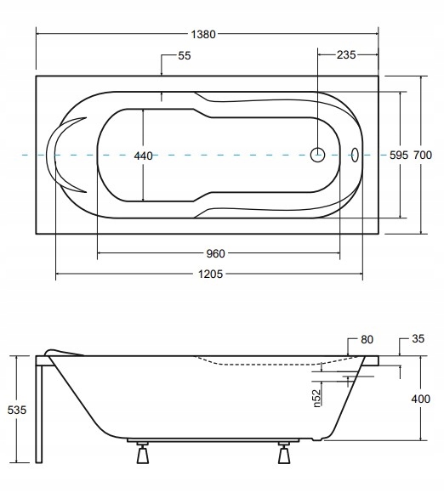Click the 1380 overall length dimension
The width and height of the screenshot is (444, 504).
click(x=203, y=34)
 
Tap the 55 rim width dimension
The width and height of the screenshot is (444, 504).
click(x=185, y=55)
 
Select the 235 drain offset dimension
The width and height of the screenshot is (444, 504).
click(x=346, y=55)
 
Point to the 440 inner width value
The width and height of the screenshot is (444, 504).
click(x=143, y=156)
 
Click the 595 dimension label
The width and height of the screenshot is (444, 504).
click(x=399, y=156)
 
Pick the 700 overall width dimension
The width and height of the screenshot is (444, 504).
click(x=423, y=156)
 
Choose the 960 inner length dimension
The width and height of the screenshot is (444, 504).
click(x=215, y=253)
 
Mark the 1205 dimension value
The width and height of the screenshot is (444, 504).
click(x=210, y=275)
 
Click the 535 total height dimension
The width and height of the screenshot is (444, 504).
click(x=17, y=411)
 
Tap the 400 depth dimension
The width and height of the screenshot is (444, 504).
click(x=420, y=399)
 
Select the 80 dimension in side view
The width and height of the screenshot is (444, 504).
click(x=367, y=339)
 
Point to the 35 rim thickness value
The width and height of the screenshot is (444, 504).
click(x=418, y=338)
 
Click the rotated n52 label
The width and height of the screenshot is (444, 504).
click(x=317, y=398)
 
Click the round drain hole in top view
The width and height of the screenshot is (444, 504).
click(x=317, y=155)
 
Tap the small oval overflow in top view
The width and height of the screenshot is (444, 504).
click(x=354, y=155)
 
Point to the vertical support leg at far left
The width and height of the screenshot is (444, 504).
click(x=39, y=414)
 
